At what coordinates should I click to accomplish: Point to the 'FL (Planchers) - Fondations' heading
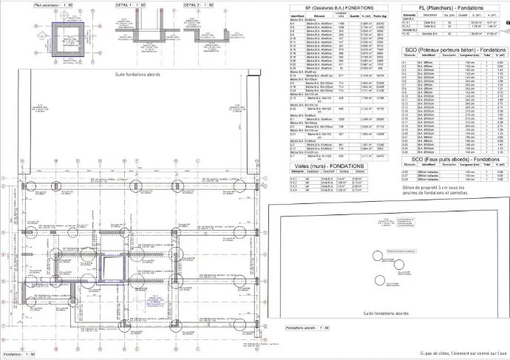click(x=446, y=7)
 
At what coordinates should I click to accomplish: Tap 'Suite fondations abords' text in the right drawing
click(x=391, y=313)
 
